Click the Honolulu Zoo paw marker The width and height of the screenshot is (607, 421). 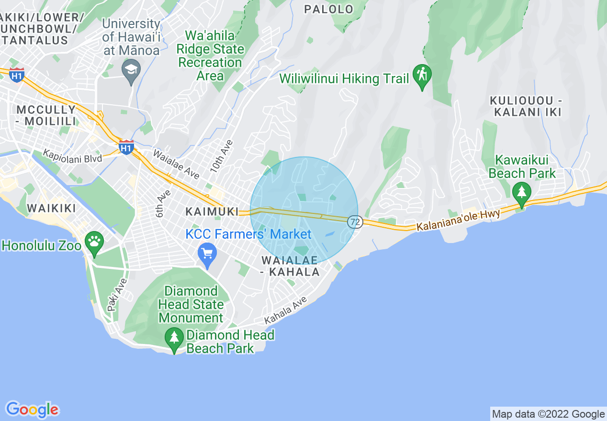94,241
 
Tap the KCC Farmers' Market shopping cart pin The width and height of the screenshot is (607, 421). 207,254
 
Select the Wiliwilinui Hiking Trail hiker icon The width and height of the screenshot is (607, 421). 422,75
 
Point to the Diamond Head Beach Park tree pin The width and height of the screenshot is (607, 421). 174,338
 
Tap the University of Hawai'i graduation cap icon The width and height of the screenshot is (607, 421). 131,70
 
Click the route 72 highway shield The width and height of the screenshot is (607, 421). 355,222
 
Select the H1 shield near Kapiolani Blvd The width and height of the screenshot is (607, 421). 126,147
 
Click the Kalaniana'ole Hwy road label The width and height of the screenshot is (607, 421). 458,220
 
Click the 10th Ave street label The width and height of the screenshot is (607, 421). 221,156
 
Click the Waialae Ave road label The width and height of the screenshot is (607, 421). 176,164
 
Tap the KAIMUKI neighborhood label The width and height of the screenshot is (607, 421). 212,211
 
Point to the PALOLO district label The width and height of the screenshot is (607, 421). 329,9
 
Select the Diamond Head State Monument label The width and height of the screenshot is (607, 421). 191,304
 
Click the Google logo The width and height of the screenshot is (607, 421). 32,410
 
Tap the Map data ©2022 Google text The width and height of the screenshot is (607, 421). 549,414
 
